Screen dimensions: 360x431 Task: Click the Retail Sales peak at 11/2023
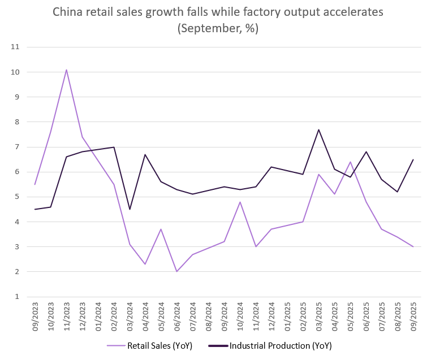pos(67,70)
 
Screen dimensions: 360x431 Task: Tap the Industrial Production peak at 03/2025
pos(318,130)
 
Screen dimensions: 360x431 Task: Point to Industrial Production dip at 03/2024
pos(130,209)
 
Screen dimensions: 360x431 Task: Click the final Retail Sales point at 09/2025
pos(413,246)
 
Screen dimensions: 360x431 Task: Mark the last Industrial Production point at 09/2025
pos(413,159)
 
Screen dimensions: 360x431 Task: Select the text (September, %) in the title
pos(218,28)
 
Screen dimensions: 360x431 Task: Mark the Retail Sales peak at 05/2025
pos(350,162)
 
